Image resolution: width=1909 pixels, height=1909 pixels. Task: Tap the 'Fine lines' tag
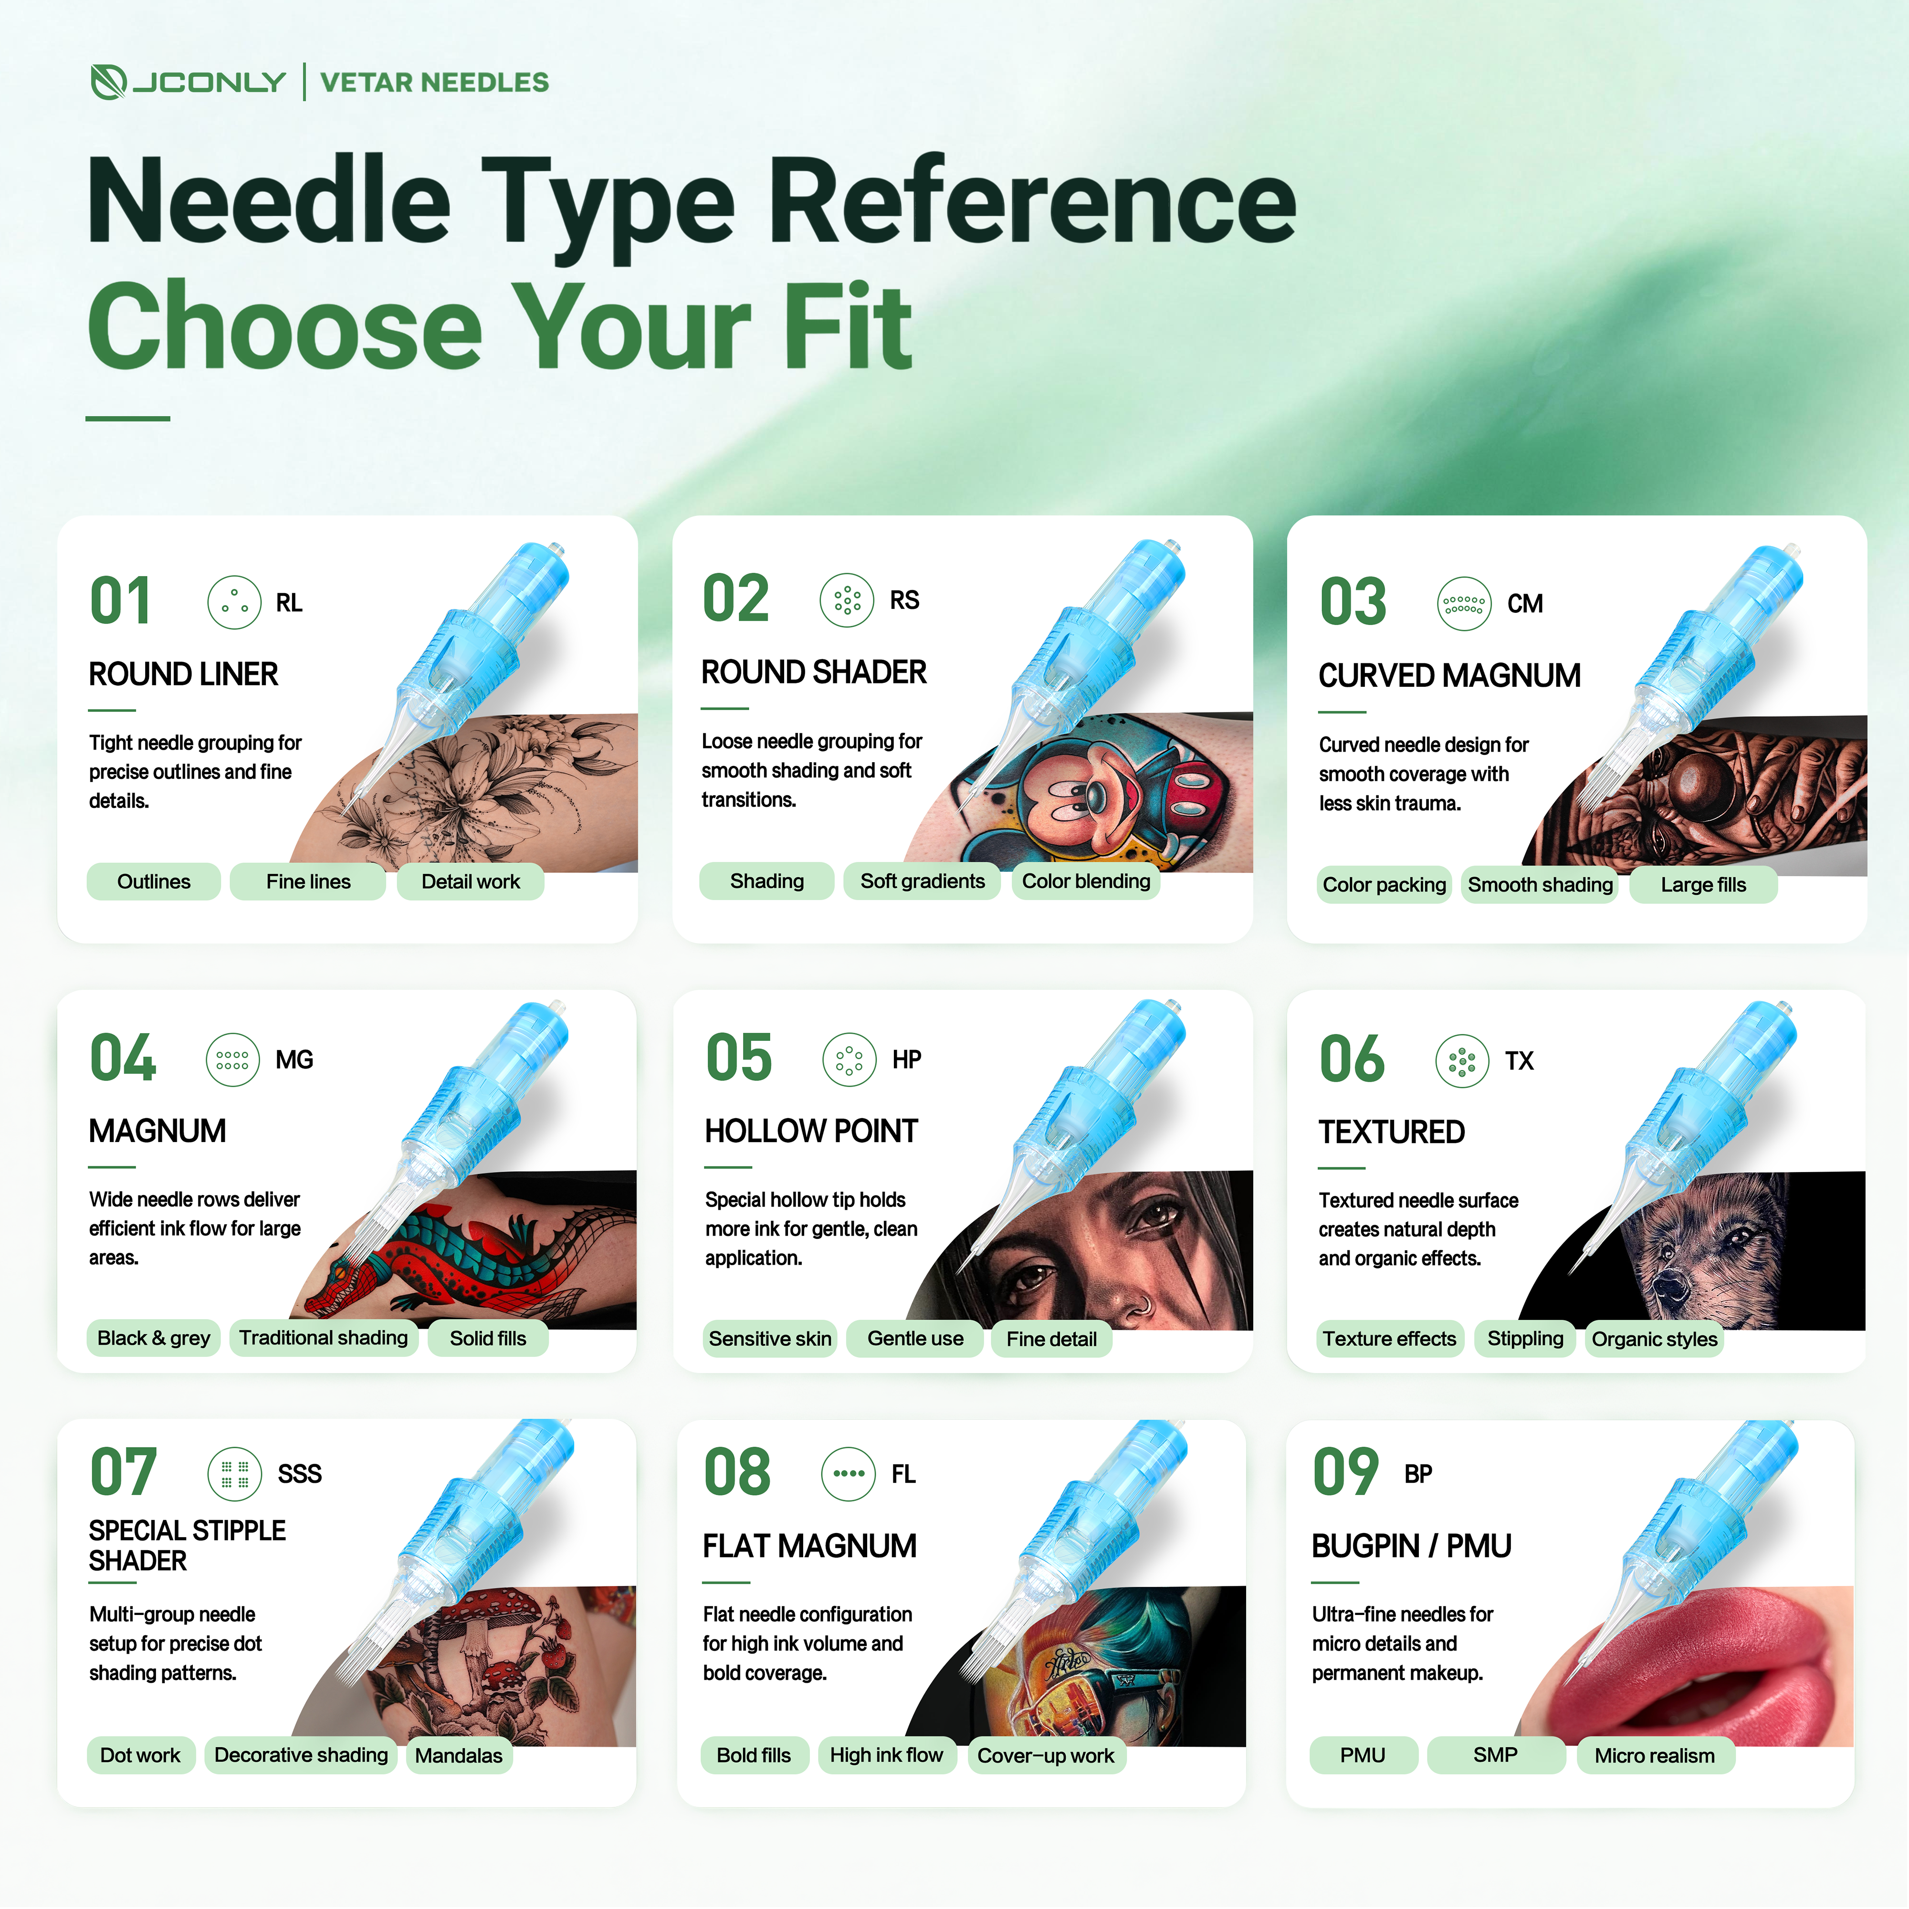[x=308, y=881]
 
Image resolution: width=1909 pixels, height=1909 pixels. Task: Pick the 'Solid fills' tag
[x=488, y=1338]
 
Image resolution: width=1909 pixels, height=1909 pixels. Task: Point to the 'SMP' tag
[x=1495, y=1755]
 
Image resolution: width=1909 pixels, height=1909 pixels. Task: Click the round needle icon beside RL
[x=234, y=602]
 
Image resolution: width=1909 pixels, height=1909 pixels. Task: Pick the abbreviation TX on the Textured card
[x=1519, y=1060]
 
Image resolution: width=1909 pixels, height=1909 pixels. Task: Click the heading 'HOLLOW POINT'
[x=811, y=1131]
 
